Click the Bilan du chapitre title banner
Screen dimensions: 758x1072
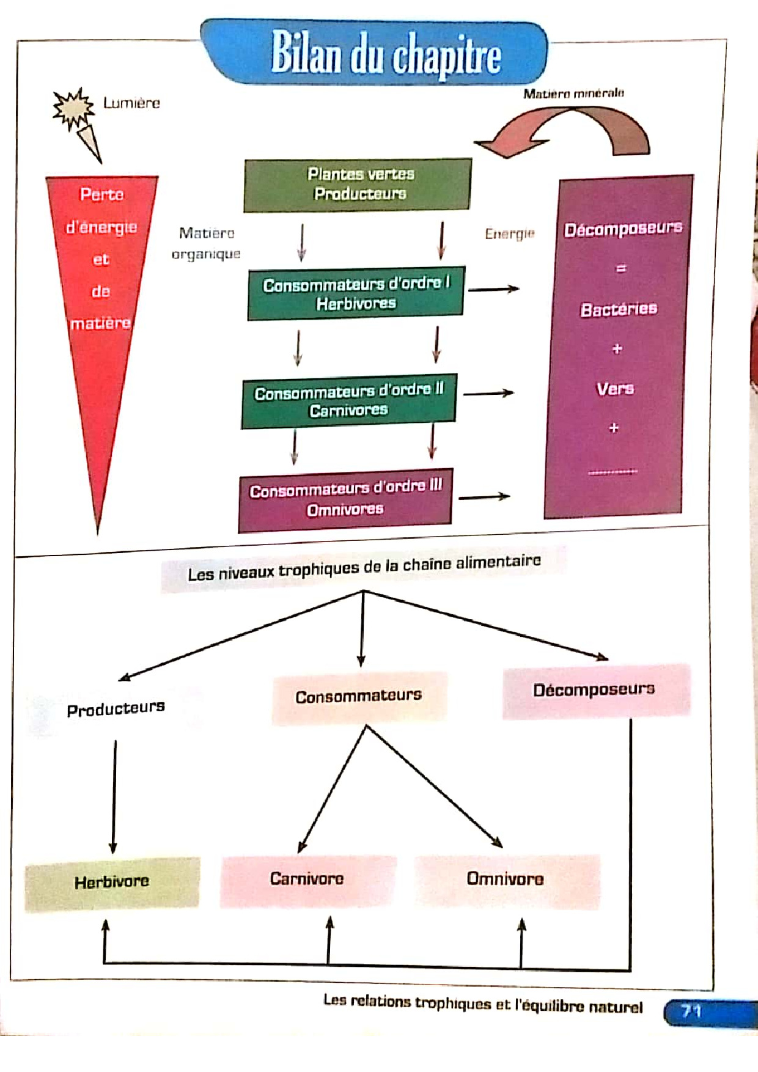(x=374, y=53)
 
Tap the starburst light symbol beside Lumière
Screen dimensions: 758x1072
(x=73, y=109)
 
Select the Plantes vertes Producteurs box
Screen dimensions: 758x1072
(x=358, y=185)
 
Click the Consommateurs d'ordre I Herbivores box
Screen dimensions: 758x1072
(x=356, y=293)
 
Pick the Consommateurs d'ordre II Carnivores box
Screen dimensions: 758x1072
(x=349, y=401)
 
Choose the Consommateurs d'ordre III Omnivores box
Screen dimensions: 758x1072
(x=345, y=500)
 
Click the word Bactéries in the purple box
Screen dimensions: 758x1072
(x=619, y=309)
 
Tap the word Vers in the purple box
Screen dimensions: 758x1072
(x=615, y=389)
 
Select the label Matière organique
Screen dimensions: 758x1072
(x=207, y=243)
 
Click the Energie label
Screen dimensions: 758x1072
(x=510, y=233)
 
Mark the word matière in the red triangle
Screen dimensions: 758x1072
(x=101, y=323)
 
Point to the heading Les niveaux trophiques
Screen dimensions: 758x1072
(x=364, y=568)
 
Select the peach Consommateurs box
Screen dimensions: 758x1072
(x=359, y=697)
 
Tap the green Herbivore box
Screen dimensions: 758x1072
(x=112, y=883)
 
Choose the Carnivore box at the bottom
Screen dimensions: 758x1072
(x=308, y=880)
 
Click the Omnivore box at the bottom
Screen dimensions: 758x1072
(x=507, y=880)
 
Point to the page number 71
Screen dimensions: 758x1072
(x=691, y=1011)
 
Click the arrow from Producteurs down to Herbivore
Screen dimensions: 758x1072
(x=114, y=797)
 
